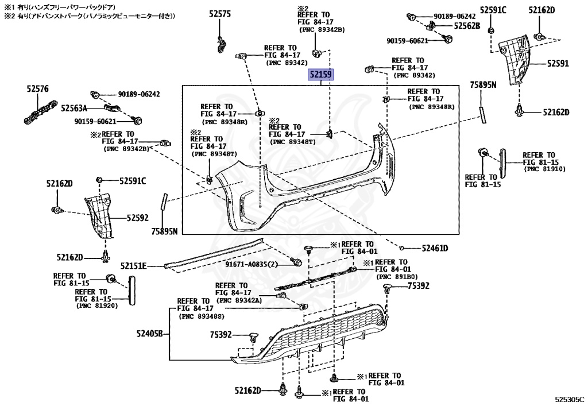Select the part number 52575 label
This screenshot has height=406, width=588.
click(x=220, y=14)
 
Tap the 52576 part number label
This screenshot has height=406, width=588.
click(x=38, y=89)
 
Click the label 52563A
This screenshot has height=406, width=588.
click(x=74, y=107)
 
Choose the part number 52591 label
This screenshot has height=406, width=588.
click(x=557, y=64)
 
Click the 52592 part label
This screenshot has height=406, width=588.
click(x=137, y=218)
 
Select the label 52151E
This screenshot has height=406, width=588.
click(x=133, y=266)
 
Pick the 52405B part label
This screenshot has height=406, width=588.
click(x=150, y=333)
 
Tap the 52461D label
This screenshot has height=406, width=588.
click(x=435, y=248)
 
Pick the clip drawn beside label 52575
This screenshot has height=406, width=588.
click(x=222, y=44)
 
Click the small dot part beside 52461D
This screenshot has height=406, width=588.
click(x=404, y=248)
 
